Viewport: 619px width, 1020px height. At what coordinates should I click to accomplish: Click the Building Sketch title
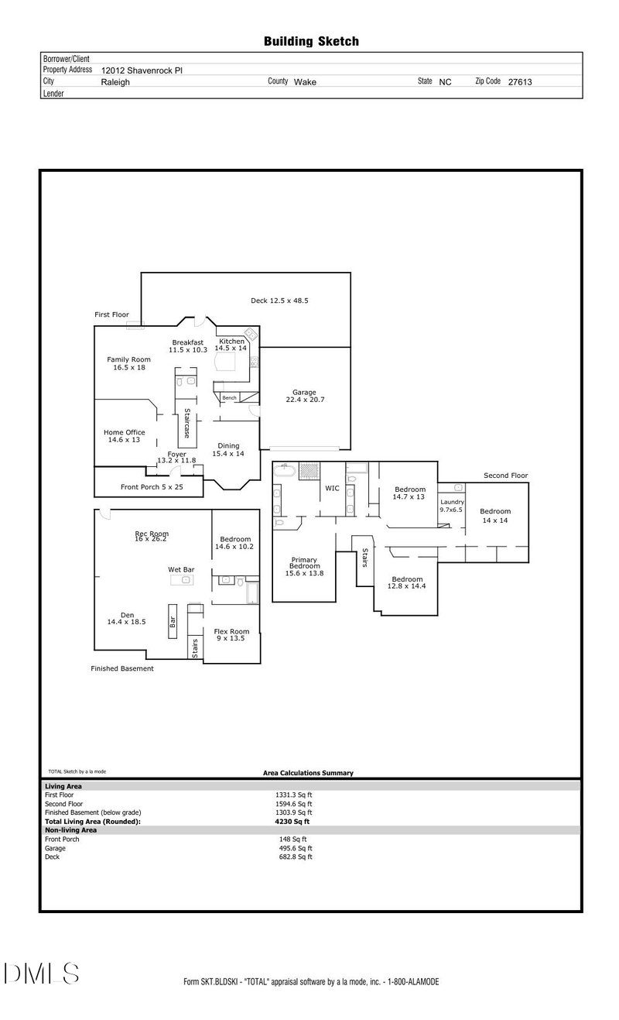311,41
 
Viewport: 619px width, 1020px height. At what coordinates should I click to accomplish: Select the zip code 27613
519,81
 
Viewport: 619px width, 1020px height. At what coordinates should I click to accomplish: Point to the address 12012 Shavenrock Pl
142,70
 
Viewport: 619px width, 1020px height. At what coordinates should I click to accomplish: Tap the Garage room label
304,396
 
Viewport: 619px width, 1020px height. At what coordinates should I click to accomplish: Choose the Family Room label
128,363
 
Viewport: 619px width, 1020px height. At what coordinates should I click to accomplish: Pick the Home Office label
125,436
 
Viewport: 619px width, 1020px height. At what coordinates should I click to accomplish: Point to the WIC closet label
333,489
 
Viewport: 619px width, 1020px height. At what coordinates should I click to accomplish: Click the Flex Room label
231,634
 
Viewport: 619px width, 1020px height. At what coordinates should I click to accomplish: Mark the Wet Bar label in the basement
181,569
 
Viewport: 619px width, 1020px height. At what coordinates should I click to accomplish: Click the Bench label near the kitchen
229,398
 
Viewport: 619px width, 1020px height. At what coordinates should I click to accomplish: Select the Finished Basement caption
122,668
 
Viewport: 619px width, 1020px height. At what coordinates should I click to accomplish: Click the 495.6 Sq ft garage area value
294,848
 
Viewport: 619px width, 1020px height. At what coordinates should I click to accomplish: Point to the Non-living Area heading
70,829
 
